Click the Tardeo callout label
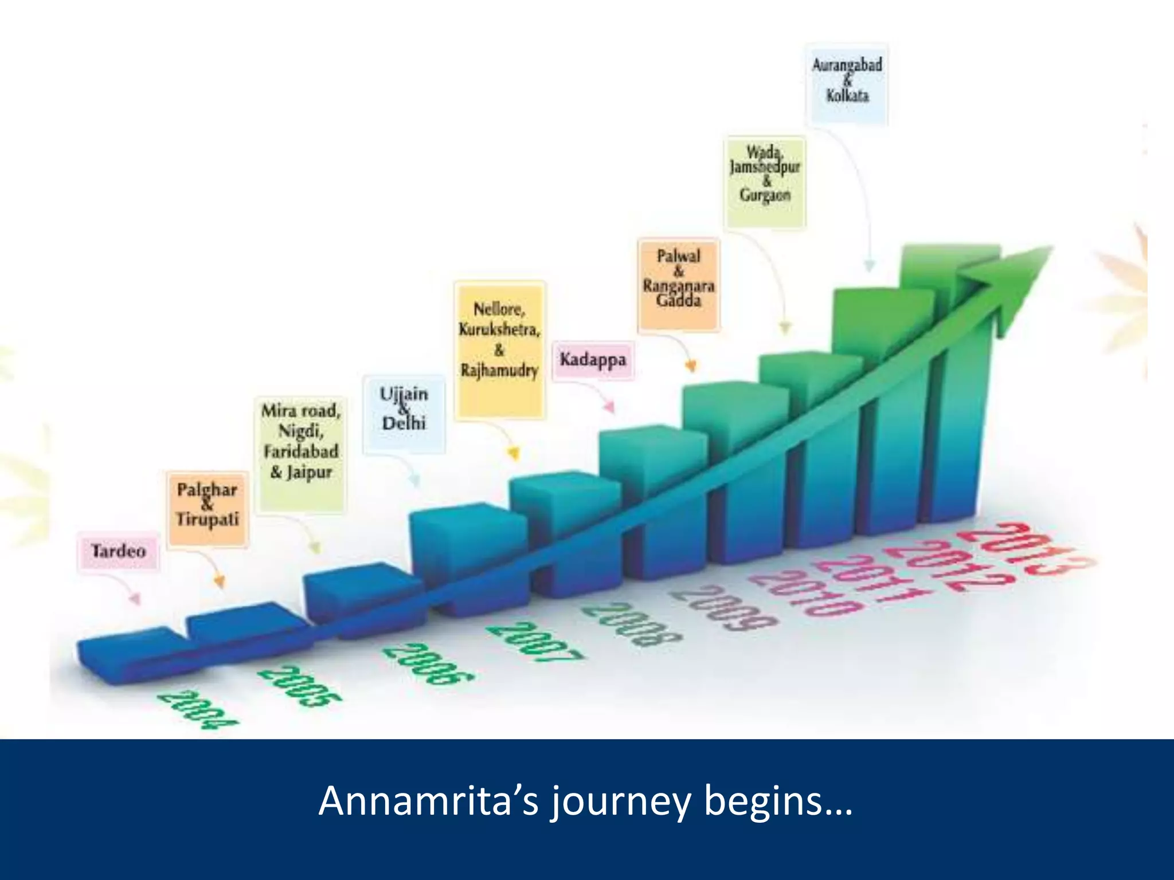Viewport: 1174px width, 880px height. click(x=119, y=551)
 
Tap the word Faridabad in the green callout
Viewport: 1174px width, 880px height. click(x=301, y=451)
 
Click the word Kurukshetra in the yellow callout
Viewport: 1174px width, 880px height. click(x=499, y=330)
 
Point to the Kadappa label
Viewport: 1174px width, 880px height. click(x=593, y=360)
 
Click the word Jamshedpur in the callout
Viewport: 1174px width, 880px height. click(x=765, y=167)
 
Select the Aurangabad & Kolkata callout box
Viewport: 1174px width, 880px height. click(x=847, y=82)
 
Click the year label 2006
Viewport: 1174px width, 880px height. click(x=428, y=665)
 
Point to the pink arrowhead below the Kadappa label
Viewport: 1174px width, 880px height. click(x=611, y=407)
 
